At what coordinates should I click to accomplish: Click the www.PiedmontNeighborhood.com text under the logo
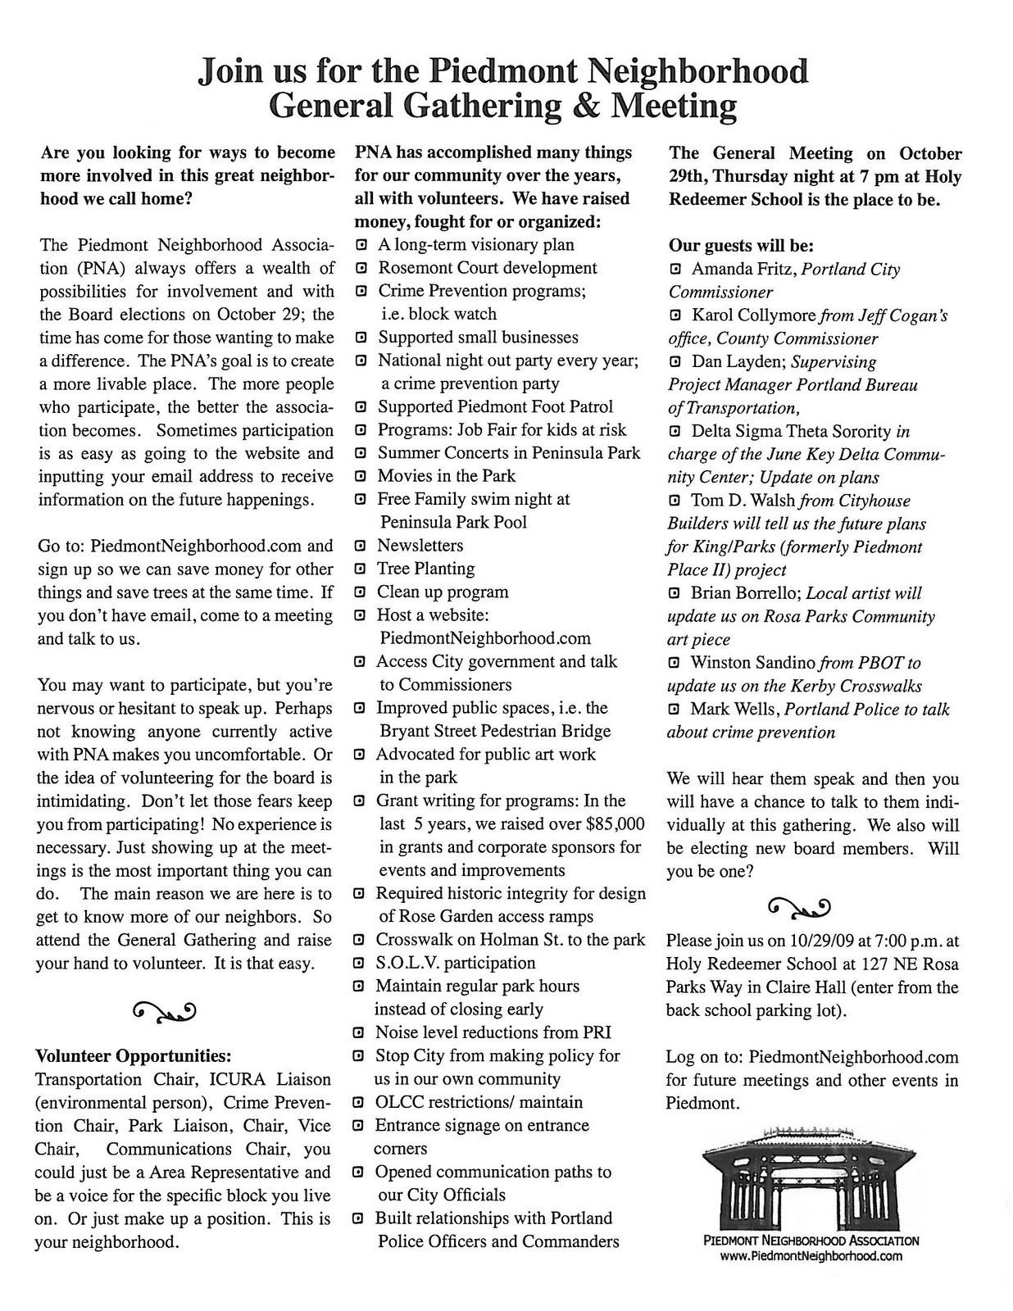tap(811, 1255)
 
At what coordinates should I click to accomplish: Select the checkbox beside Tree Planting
tap(360, 569)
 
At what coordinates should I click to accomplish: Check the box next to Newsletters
tap(360, 546)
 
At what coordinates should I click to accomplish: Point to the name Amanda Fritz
tap(743, 269)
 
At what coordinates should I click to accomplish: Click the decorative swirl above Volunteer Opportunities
tap(162, 1012)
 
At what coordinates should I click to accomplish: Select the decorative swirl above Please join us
tap(799, 906)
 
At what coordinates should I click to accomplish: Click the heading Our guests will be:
tap(741, 245)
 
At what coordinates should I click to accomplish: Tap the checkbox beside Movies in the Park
tap(360, 476)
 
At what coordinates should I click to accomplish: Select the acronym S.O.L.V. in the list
tap(415, 963)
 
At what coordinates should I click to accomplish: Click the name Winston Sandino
tap(752, 662)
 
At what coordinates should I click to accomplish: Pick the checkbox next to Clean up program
tap(360, 592)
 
